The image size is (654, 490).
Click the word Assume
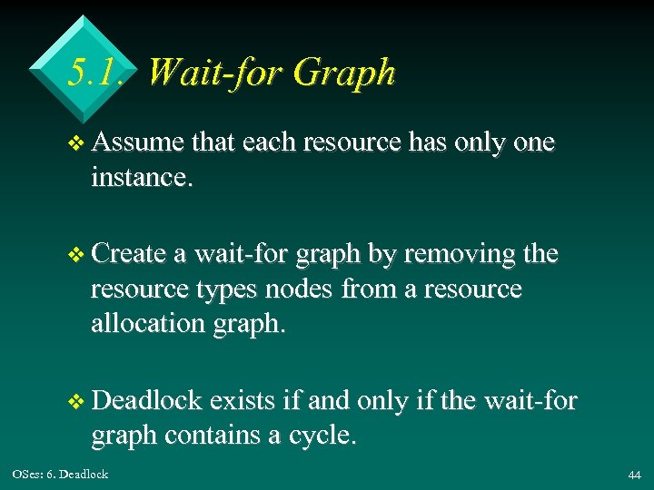click(x=138, y=142)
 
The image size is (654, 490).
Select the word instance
click(x=142, y=177)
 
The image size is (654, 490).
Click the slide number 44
click(x=633, y=475)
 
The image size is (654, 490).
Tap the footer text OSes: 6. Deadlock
click(x=60, y=474)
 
